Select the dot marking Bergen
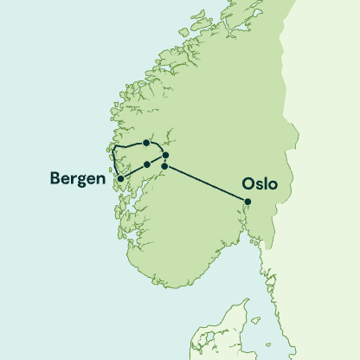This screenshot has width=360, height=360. click(x=120, y=179)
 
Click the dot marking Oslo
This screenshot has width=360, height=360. click(x=247, y=202)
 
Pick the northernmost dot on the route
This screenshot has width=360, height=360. click(x=147, y=143)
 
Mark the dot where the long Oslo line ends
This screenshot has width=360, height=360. click(x=164, y=165)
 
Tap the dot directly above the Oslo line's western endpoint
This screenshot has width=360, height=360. click(x=165, y=155)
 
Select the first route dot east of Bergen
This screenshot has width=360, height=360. click(x=147, y=164)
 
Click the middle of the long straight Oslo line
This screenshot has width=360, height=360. click(x=206, y=184)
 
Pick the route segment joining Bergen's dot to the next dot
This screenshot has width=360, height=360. click(x=133, y=171)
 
